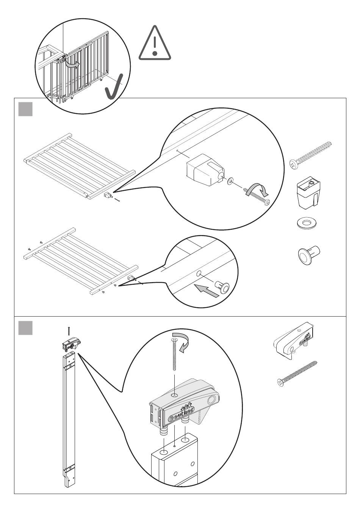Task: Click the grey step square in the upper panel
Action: coord(25,109)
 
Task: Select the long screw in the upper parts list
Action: coord(310,155)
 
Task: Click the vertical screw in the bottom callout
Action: coord(174,356)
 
